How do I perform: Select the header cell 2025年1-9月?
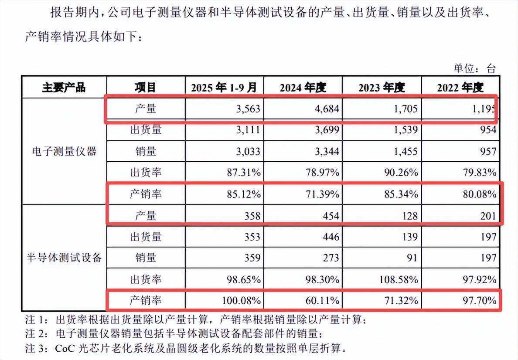(x=224, y=87)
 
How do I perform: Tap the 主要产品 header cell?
(x=64, y=87)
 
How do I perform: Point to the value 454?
(x=330, y=215)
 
